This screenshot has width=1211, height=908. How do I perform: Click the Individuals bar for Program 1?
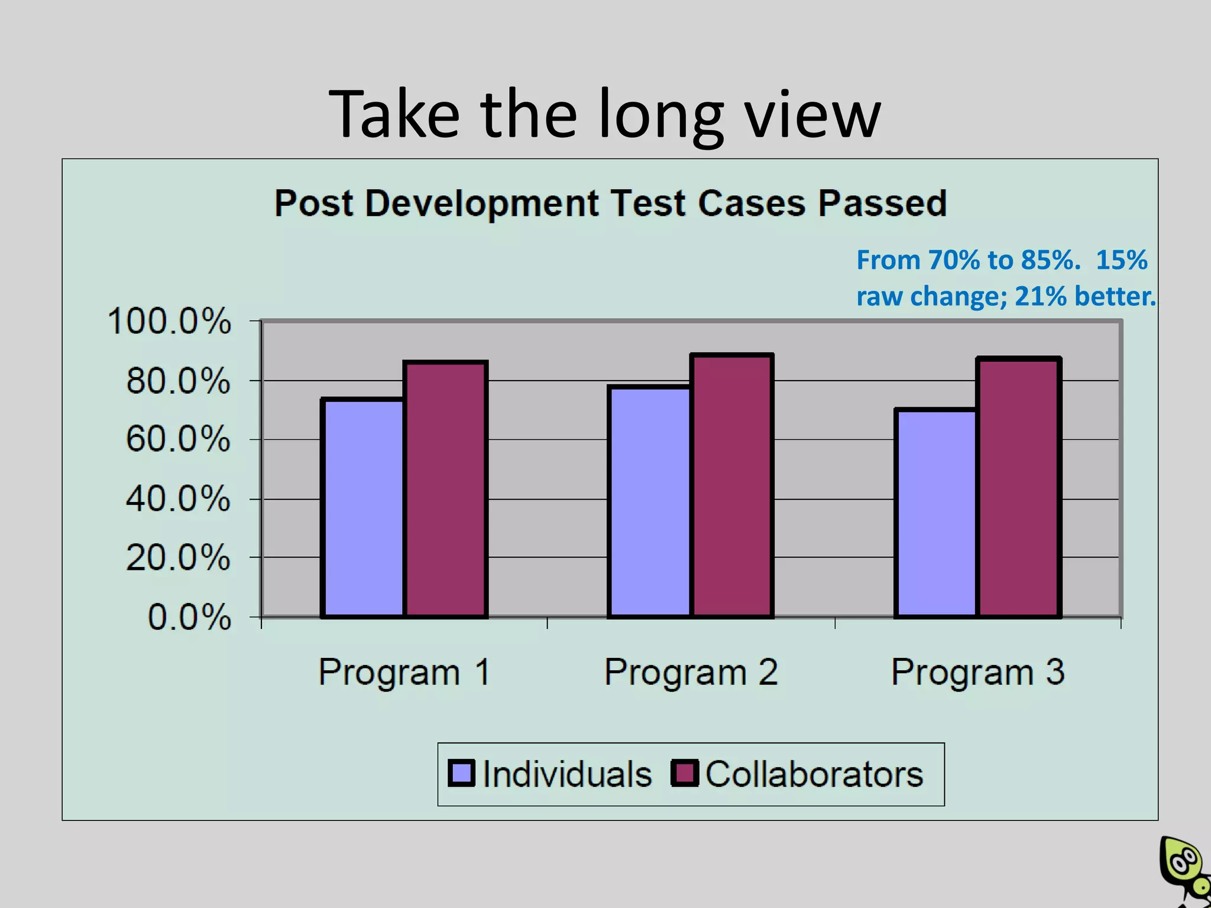click(x=362, y=508)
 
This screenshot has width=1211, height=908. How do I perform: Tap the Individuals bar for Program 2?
click(x=649, y=502)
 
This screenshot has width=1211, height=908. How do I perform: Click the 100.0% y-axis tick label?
click(x=169, y=322)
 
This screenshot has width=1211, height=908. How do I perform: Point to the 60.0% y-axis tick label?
click(x=177, y=440)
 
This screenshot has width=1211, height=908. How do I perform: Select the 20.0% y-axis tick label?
click(x=177, y=557)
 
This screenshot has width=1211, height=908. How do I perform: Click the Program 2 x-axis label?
click(x=691, y=672)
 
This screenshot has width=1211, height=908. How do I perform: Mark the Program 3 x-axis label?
click(x=977, y=672)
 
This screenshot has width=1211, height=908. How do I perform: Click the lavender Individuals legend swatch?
click(x=461, y=773)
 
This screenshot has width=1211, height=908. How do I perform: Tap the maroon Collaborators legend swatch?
click(x=685, y=773)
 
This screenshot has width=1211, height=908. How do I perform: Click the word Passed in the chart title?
click(x=882, y=203)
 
